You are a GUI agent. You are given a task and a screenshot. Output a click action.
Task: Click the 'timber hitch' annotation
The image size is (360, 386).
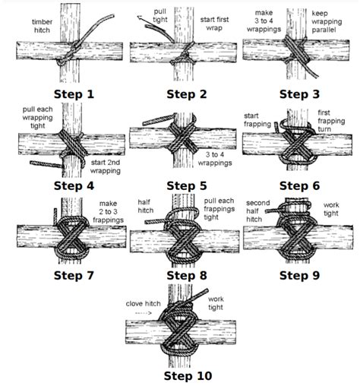pyautogui.click(x=42, y=27)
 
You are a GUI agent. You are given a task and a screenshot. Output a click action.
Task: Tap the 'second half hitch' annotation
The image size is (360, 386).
pyautogui.click(x=259, y=210)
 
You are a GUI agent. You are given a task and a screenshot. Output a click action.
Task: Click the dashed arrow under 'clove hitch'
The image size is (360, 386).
pyautogui.click(x=144, y=312)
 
